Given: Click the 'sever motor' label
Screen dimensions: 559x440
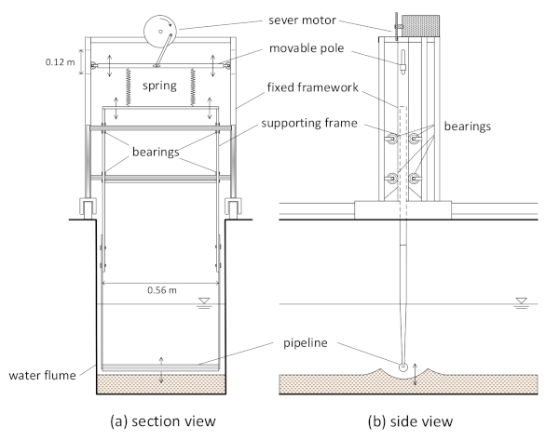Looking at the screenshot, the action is click(302, 20).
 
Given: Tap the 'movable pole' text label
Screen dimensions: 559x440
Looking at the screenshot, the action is click(307, 48).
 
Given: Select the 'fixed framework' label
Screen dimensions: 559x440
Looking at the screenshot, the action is click(313, 87).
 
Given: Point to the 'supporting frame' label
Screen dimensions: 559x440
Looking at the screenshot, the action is click(309, 123).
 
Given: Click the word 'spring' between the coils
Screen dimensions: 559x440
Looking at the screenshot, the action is click(159, 86).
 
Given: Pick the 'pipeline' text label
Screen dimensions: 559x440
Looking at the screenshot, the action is click(306, 343).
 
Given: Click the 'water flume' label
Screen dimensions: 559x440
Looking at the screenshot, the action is click(43, 375).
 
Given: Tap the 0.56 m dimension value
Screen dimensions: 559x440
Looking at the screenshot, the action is click(162, 290).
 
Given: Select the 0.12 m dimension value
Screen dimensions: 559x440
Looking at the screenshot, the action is click(60, 62).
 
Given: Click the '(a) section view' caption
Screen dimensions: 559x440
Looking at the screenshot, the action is click(163, 421).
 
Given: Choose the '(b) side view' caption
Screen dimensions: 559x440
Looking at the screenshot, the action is click(410, 421).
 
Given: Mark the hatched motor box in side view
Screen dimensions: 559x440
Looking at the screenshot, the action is click(421, 26).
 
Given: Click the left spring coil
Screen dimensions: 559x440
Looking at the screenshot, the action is click(128, 87).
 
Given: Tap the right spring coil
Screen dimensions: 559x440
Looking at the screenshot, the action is click(193, 87).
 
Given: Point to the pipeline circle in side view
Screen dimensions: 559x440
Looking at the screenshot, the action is click(403, 367).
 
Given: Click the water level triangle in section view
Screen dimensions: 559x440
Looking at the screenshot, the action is click(204, 300).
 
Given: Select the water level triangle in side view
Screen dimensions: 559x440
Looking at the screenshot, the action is click(521, 300).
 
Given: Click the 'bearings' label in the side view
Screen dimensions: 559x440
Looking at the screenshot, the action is click(468, 127).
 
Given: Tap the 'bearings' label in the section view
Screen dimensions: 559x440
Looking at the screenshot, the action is click(156, 152).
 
